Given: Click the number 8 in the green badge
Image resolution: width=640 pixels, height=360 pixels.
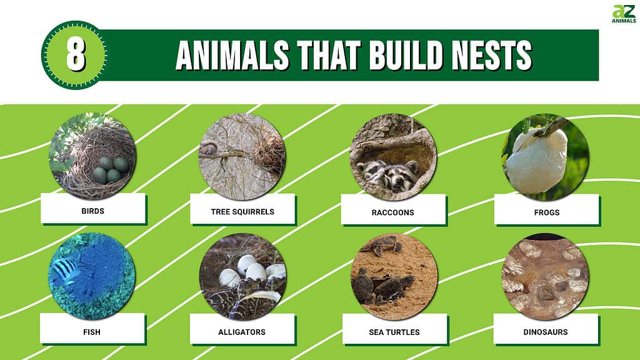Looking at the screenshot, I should pos(75,55).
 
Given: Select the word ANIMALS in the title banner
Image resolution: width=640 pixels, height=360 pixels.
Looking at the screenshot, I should pos(232,56).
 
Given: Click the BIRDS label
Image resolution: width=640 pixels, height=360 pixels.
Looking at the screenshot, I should pos(92,211).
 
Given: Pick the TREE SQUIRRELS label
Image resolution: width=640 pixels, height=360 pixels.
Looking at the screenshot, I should pos(242,212).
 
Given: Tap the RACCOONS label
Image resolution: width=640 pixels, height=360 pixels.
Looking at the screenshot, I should pos(393,212).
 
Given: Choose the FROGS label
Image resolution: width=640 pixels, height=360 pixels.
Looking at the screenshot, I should pos(547,212).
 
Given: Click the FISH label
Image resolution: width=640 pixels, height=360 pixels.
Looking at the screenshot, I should pos(92,332).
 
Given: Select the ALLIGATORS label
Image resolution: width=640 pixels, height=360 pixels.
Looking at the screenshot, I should pos(242,332).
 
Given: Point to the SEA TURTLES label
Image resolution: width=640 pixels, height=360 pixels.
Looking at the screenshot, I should pos(394,332).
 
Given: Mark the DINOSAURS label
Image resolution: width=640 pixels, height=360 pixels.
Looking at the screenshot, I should pos(546,332).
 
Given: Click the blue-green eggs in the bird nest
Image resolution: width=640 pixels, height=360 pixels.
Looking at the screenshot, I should pos(111,169).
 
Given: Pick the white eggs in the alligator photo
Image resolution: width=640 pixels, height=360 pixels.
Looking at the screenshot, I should pos(253,271).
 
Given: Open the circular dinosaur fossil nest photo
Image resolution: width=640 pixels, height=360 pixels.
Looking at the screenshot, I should pos(545,276).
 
